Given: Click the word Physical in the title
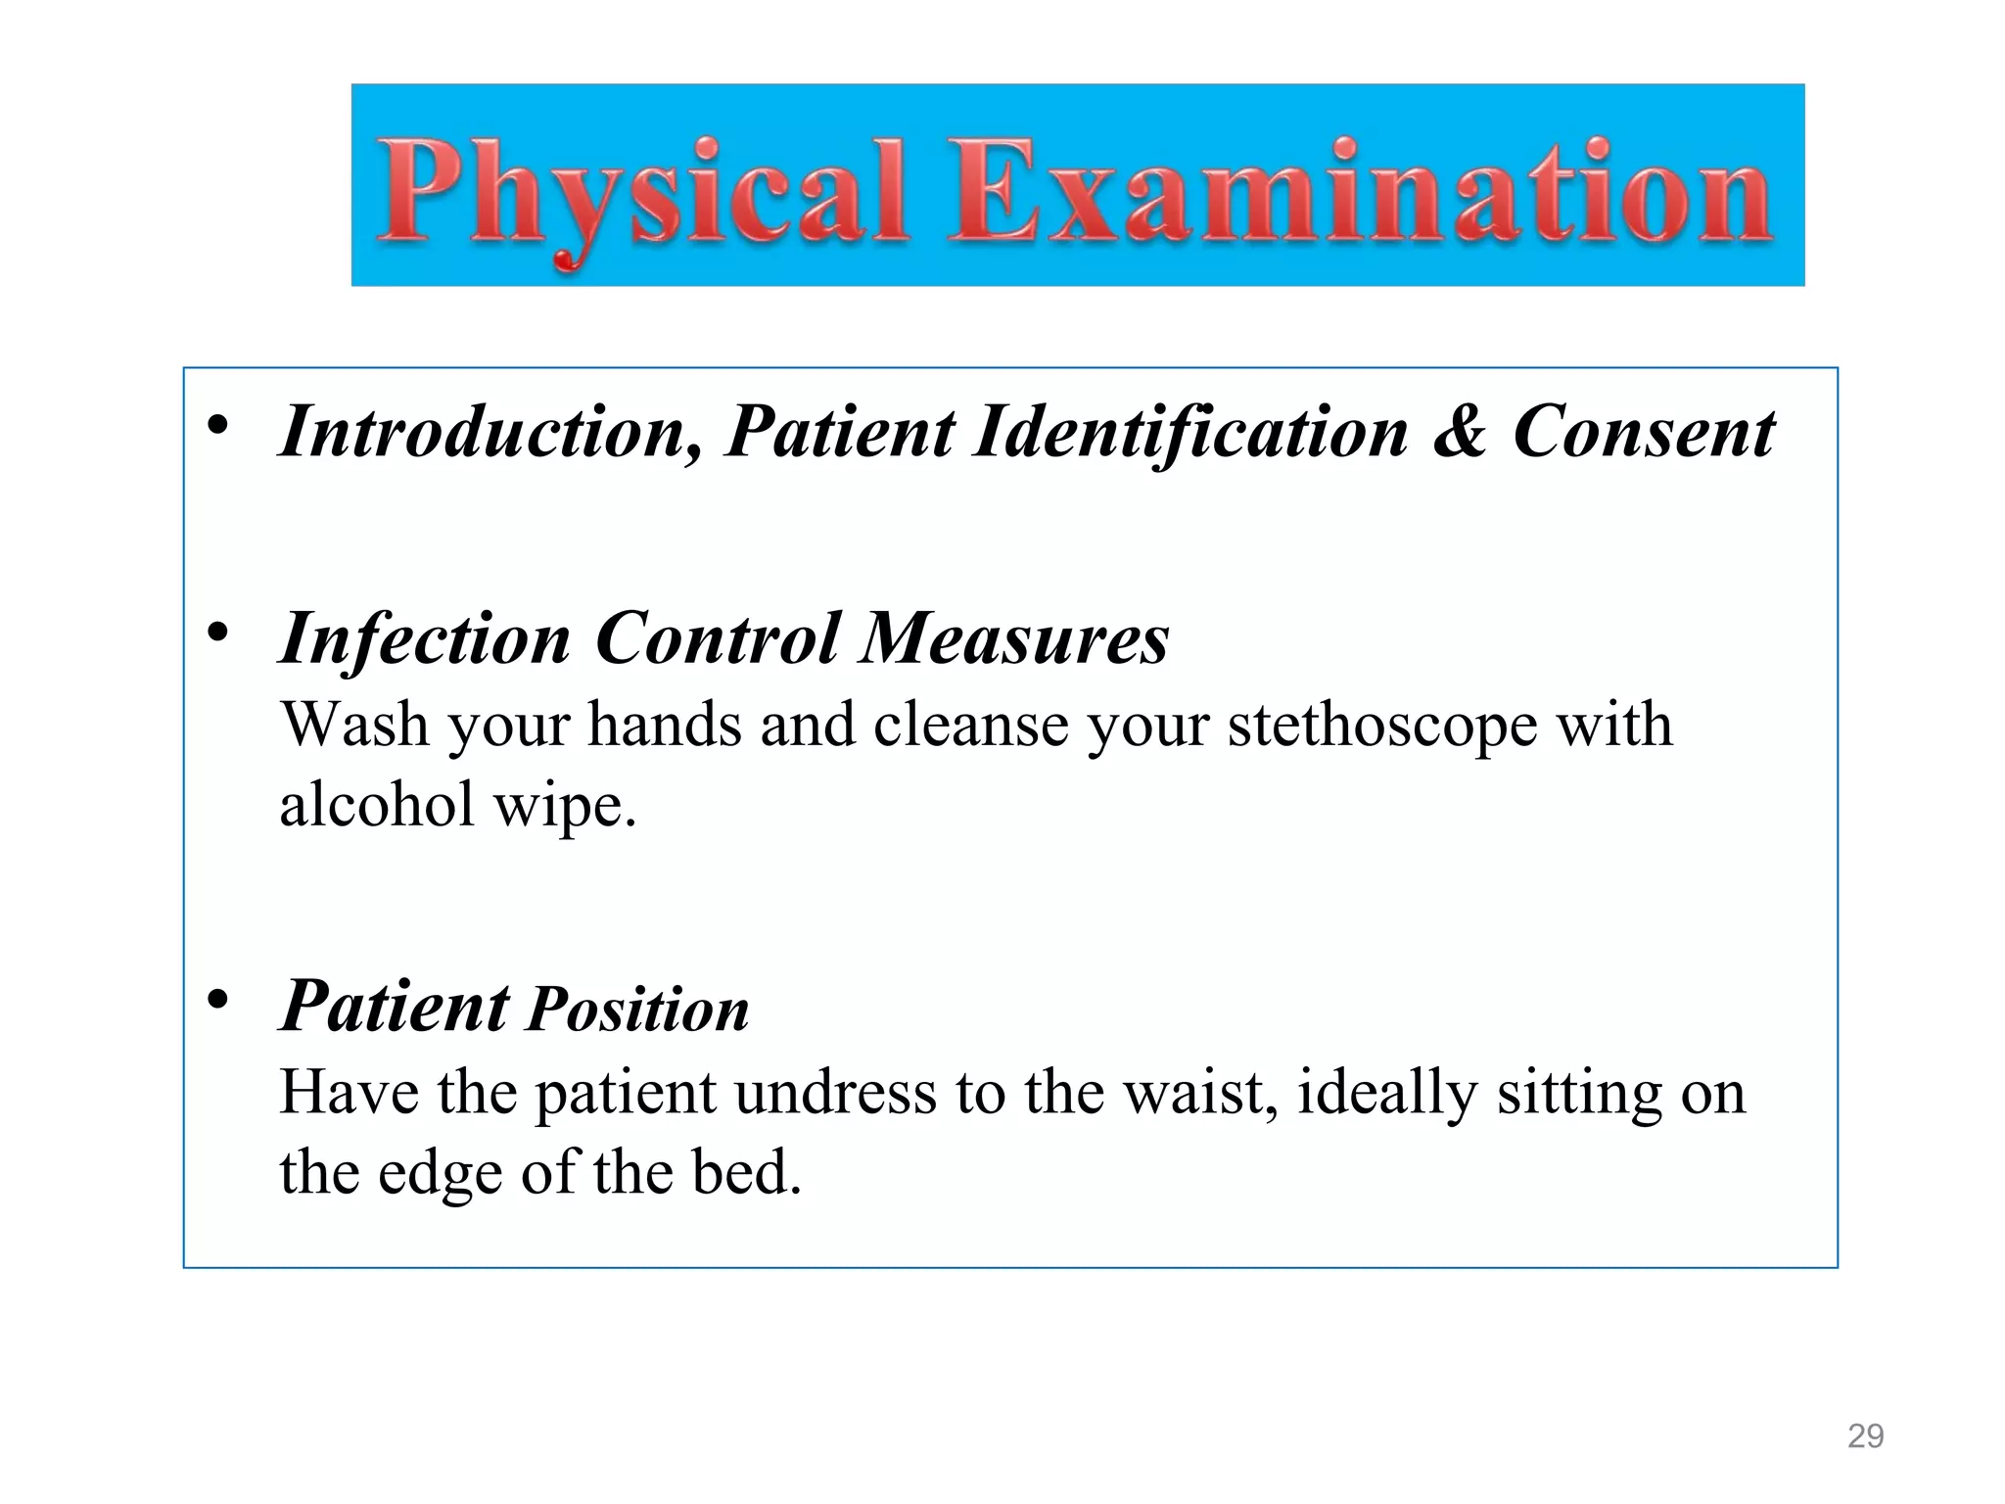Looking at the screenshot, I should coord(641,192).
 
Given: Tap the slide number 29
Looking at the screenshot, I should coord(1865,1435).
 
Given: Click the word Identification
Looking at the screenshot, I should coord(1190,432).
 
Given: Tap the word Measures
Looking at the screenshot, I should coord(1013,638).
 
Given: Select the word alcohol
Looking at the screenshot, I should coord(376,805).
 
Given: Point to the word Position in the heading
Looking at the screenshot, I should coord(638,1010).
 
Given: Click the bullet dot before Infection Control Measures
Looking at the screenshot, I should coord(217,633).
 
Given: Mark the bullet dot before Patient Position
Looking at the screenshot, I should coord(217,1000).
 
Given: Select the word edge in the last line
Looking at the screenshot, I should coord(440,1173).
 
